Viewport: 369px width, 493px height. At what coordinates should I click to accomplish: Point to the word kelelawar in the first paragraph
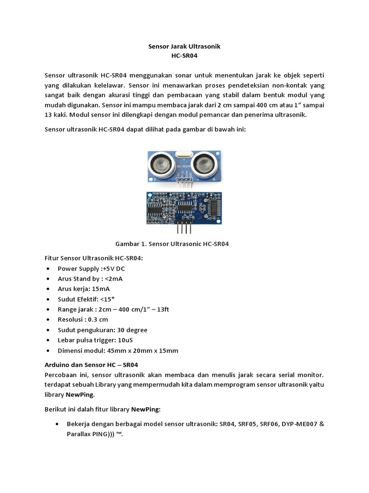[107, 85]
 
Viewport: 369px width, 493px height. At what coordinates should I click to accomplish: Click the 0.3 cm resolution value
[98, 320]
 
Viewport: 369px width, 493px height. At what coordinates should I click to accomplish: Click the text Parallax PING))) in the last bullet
[89, 434]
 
